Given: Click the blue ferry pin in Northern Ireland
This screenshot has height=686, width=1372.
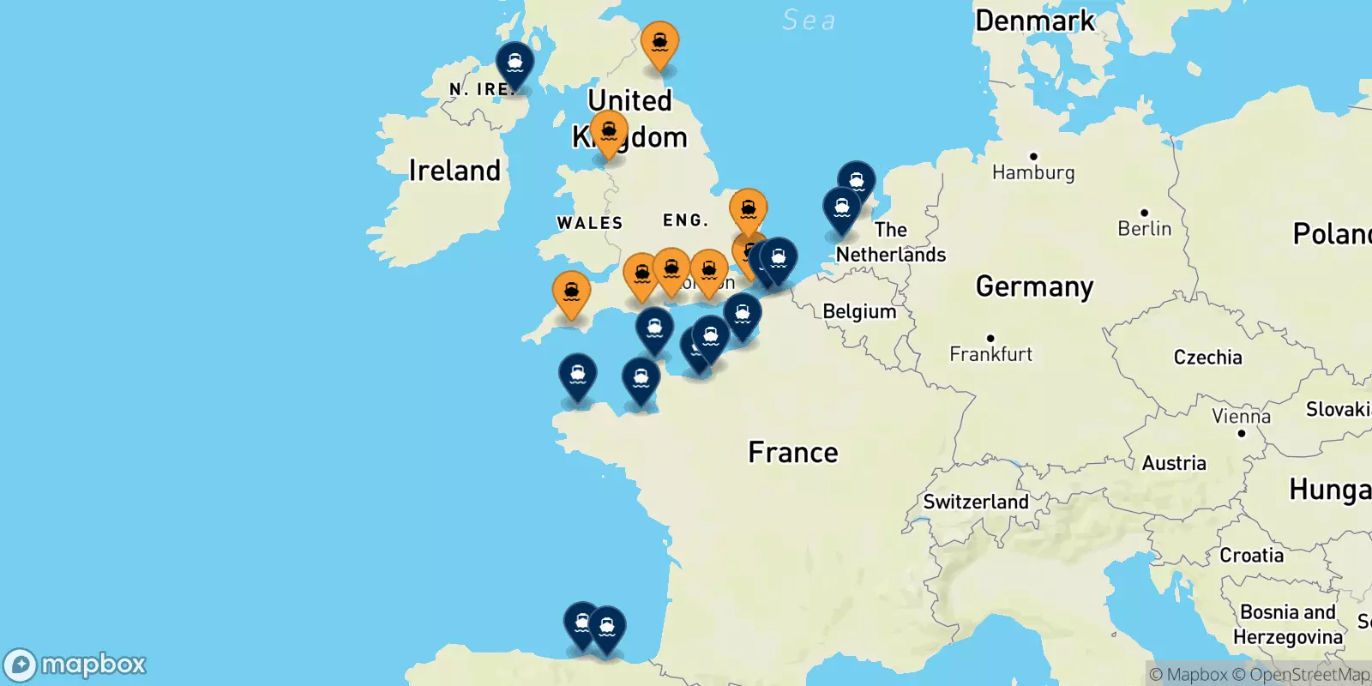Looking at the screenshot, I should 514,63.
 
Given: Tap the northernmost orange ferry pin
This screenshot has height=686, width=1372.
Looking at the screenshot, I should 659,42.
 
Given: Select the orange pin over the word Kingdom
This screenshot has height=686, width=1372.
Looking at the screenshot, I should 609,132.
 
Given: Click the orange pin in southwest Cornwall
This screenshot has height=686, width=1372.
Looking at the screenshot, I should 571,292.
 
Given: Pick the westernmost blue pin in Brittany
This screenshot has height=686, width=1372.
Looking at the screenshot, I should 577,375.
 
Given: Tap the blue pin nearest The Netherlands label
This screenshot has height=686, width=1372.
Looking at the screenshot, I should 841,208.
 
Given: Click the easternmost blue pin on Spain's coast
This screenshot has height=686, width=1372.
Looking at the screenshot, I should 606,627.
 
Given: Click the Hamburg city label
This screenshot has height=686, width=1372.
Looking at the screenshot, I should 1032,172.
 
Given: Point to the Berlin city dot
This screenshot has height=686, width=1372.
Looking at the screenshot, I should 1144,213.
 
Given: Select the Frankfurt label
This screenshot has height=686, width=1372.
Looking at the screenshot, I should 990,353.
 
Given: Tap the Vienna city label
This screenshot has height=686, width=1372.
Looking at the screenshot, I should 1241,417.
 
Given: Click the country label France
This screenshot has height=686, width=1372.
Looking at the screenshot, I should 792,452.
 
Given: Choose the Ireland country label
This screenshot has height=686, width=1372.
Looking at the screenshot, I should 454,171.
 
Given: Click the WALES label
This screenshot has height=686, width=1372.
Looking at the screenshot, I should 590,223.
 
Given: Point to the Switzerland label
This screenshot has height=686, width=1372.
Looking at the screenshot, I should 975,502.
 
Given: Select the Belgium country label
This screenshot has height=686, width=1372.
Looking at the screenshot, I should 859,311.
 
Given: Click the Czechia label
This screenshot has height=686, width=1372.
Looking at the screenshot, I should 1207,358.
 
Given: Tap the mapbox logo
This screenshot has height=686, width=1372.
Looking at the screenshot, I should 75,665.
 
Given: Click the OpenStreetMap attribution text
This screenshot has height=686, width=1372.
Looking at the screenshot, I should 1309,675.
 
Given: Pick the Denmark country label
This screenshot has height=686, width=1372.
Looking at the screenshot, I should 1035,21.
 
